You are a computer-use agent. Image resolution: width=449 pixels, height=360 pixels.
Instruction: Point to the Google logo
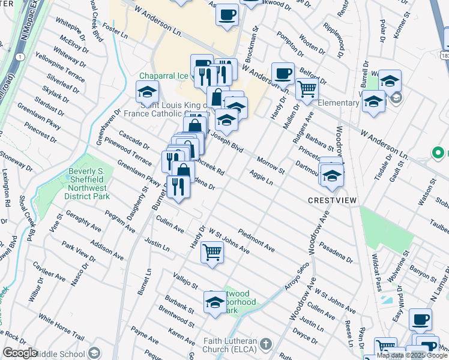tap(20, 353)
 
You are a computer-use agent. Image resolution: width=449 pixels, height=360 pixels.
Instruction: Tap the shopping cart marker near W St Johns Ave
tap(212, 251)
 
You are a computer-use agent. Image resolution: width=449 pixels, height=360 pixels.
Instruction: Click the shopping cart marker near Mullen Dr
tap(307, 88)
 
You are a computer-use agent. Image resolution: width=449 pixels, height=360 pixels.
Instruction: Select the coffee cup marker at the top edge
tap(227, 14)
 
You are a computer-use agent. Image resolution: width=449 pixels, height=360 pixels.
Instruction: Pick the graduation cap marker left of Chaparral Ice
tap(147, 92)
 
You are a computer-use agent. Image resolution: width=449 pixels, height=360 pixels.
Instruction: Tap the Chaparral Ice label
tap(164, 76)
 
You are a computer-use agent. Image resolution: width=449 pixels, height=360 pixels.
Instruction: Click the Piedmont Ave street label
tap(256, 240)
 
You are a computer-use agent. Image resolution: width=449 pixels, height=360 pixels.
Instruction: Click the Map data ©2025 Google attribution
tap(411, 355)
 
